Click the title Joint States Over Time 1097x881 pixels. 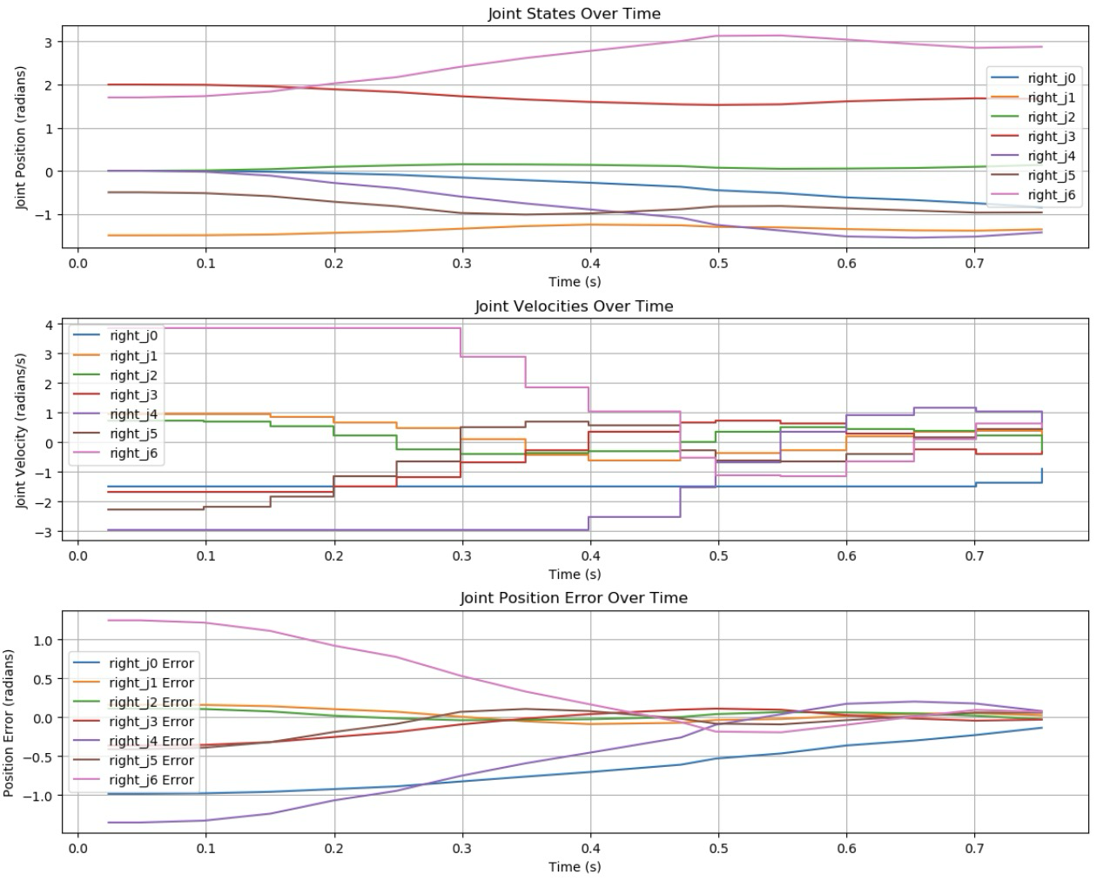pos(574,14)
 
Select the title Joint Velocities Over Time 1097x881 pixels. pos(574,306)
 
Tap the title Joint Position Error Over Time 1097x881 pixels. pos(574,598)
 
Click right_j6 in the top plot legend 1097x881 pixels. pos(1051,195)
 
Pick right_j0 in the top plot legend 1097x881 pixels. pos(1051,78)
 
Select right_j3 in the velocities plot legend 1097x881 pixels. pos(133,394)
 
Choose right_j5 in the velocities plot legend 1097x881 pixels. pos(133,434)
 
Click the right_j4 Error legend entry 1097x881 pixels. pos(151,741)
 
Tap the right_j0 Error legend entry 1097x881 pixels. pos(151,663)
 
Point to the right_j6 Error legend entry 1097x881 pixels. pos(151,780)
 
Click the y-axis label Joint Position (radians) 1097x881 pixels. pos(21,138)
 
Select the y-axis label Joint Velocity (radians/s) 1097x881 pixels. pos(21,430)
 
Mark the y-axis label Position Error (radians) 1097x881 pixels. pos(9,723)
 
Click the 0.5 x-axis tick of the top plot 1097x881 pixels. pos(718,264)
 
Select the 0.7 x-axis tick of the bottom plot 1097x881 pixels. pos(975,849)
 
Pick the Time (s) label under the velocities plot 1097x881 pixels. pos(574,575)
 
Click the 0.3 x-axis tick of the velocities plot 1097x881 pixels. pos(462,556)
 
